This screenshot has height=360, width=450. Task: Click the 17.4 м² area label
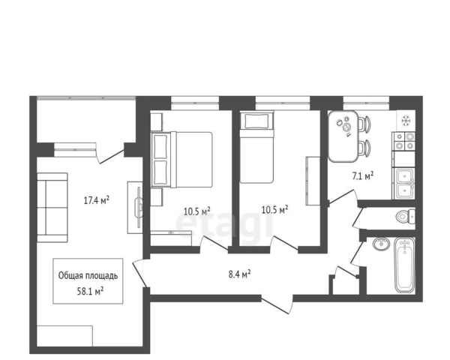97,199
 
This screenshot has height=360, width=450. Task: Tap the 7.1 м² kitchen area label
363,175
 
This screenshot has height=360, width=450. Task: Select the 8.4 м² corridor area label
240,274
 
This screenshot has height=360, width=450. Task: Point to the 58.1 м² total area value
90,292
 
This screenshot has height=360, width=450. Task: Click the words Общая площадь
88,275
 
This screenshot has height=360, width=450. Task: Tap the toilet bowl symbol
405,216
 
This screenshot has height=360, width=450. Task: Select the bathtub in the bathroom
405,265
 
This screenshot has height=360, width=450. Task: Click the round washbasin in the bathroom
382,244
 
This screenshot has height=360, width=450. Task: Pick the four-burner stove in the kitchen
403,141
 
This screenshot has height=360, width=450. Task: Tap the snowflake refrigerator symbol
406,120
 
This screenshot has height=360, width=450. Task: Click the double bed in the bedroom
182,160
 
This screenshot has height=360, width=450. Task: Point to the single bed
256,147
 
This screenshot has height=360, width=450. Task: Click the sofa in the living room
52,208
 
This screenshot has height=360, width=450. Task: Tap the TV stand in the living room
135,207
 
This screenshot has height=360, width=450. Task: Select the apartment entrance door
277,304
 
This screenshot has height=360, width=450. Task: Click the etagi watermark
224,224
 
